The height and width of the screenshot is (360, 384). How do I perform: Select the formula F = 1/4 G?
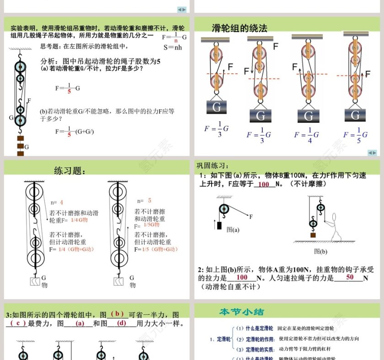[x=306, y=134]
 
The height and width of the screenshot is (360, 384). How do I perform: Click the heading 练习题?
[x=70, y=171]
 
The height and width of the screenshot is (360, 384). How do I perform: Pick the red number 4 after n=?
[x=61, y=202]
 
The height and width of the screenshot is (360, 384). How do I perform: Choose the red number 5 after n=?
[x=149, y=201]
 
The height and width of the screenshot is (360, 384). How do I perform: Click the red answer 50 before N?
[x=350, y=277]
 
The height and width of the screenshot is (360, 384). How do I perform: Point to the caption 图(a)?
[x=233, y=230]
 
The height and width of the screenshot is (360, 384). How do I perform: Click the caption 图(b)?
[x=320, y=251]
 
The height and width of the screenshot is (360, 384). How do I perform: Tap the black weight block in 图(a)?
[x=219, y=225]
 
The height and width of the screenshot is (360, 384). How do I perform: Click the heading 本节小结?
[x=241, y=312]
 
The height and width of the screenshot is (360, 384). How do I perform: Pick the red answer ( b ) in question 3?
[x=117, y=314]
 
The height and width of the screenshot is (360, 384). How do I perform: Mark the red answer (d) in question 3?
[x=122, y=323]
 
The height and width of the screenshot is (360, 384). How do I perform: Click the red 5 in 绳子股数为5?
[x=158, y=61]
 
